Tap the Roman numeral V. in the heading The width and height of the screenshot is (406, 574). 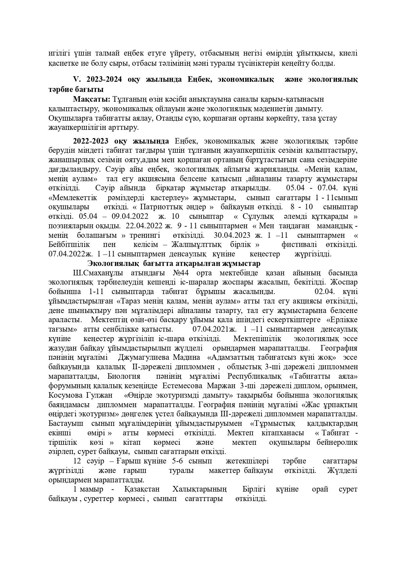pos(76,79)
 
